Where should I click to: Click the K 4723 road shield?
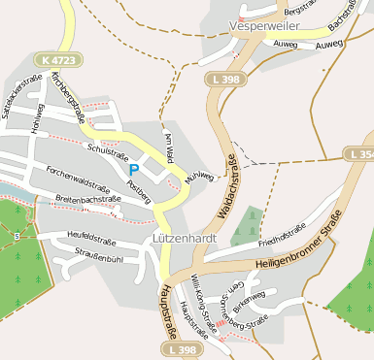(x=59, y=60)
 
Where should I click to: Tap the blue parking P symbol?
(x=133, y=169)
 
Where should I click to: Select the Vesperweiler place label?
(x=263, y=26)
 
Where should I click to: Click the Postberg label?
(x=143, y=191)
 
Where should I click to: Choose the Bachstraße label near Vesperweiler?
(x=346, y=19)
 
